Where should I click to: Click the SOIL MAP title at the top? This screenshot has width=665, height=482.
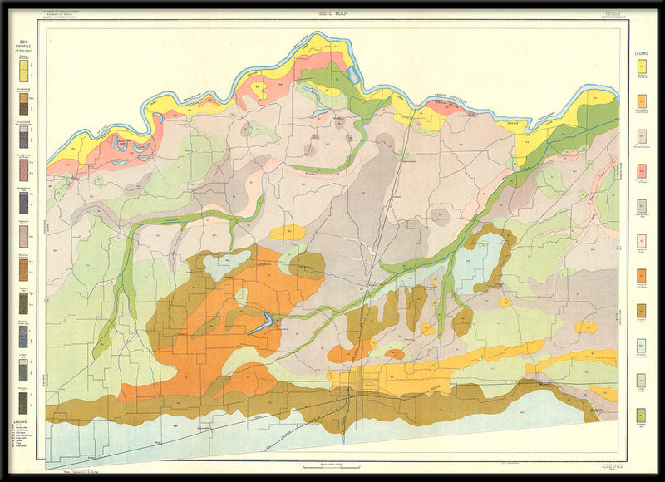coord(332,14)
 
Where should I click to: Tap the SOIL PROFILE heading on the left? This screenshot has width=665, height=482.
coord(24,43)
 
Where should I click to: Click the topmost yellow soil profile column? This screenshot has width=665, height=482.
coord(24,71)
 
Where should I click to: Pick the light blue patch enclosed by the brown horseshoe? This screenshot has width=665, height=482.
coord(490,262)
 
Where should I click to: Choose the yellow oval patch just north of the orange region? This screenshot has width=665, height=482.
coord(288,232)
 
